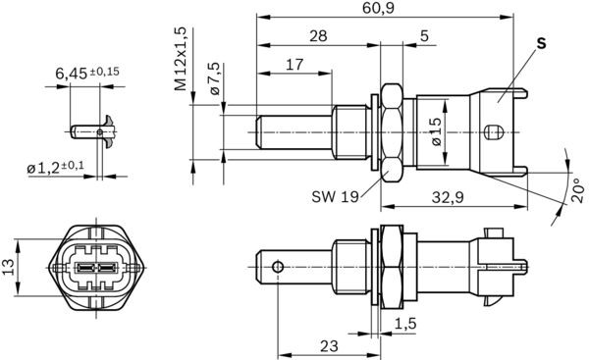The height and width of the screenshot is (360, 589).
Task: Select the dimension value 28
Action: click(318, 36)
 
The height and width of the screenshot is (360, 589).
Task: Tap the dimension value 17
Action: click(294, 65)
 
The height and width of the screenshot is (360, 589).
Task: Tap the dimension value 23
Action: click(328, 344)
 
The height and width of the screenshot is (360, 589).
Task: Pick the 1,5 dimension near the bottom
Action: click(402, 323)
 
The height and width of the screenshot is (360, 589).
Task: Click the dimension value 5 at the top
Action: click(423, 36)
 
